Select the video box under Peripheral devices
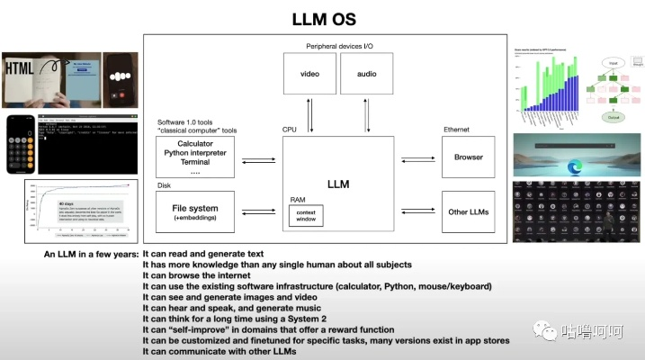pyautogui.click(x=309, y=73)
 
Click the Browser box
pyautogui.click(x=468, y=157)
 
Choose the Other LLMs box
pyautogui.click(x=468, y=211)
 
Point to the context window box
pyautogui.click(x=305, y=216)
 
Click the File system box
pyautogui.click(x=195, y=212)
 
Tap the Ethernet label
pyautogui.click(x=456, y=130)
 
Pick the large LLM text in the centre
pyautogui.click(x=338, y=184)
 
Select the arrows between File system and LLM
pyautogui.click(x=259, y=212)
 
